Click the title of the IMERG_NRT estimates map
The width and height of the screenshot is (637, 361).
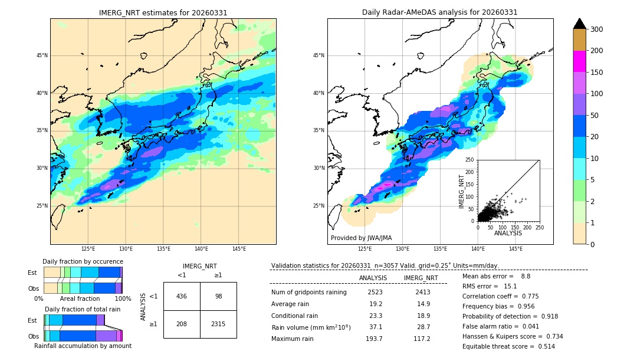163,12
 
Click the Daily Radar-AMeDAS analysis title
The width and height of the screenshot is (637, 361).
439,12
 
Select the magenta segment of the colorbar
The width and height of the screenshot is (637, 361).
579,61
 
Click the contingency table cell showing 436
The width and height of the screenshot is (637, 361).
182,296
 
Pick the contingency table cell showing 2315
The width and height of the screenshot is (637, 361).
218,324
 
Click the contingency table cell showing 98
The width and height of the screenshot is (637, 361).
218,296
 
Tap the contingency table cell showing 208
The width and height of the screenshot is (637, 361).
182,324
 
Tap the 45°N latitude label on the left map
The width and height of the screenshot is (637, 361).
42,55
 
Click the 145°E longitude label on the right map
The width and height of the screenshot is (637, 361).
515,250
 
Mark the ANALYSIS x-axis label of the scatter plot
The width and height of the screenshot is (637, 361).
508,233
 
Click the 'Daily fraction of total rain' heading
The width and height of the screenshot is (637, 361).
83,309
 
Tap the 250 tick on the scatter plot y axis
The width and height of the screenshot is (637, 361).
470,160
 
